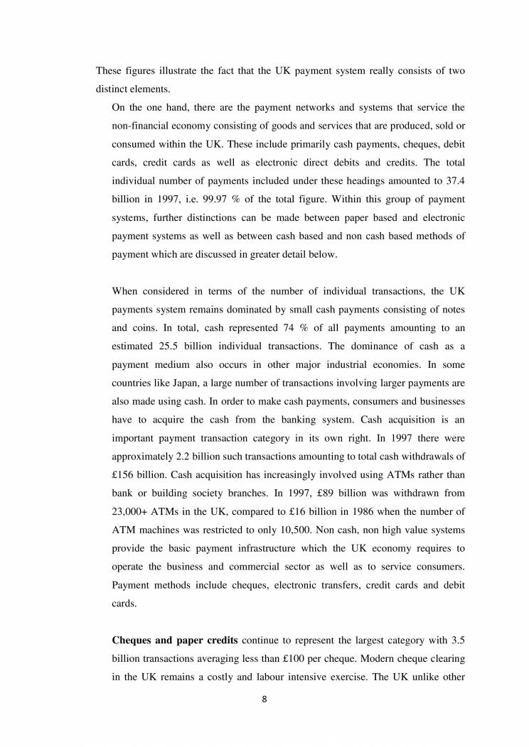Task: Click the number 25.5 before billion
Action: (167, 346)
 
